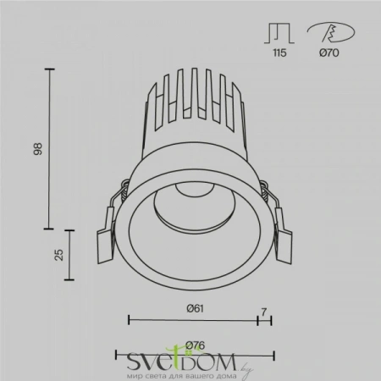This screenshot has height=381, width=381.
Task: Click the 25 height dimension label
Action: tap(58, 255)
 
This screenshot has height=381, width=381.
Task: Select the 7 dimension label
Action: tap(264, 311)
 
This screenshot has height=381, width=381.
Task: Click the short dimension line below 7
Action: tap(264, 321)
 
